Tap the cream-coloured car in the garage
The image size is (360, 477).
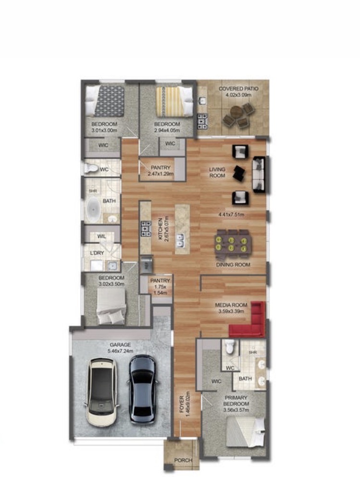[101, 392]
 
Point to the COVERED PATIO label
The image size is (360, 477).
[238, 88]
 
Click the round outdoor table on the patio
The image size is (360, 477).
[236, 112]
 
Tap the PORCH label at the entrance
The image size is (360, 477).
[183, 460]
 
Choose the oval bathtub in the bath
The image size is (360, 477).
[94, 210]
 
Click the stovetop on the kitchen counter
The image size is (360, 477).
[146, 229]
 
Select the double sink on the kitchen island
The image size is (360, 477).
[180, 240]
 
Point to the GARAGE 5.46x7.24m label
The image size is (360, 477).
[120, 348]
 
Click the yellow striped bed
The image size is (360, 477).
[174, 102]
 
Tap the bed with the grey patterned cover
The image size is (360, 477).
[105, 101]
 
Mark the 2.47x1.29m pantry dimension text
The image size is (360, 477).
[161, 174]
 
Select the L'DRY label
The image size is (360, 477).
[97, 253]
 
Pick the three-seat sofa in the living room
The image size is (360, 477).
[259, 174]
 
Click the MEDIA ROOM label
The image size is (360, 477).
[231, 305]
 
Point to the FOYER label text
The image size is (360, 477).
[181, 404]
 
